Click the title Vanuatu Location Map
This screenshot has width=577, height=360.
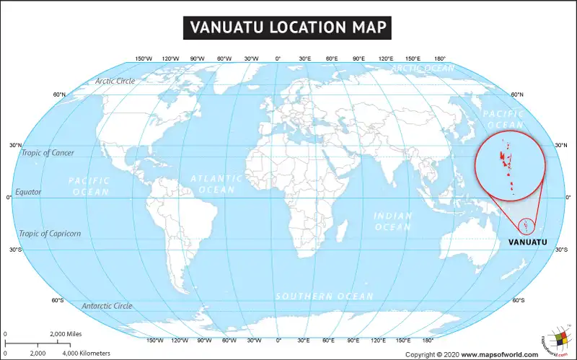pyautogui.click(x=288, y=27)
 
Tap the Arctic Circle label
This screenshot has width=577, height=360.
pyautogui.click(x=115, y=82)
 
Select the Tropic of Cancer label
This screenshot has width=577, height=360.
pyautogui.click(x=48, y=153)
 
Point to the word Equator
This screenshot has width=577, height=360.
pyautogui.click(x=28, y=193)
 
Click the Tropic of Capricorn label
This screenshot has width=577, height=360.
pyautogui.click(x=50, y=234)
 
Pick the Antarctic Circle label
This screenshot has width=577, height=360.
pyautogui.click(x=107, y=306)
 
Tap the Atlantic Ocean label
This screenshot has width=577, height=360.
pyautogui.click(x=216, y=184)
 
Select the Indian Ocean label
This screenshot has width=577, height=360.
pyautogui.click(x=392, y=221)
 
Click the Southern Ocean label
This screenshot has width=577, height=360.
pyautogui.click(x=325, y=297)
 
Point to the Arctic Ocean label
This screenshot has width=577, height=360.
pyautogui.click(x=423, y=69)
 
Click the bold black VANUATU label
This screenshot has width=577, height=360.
pyautogui.click(x=527, y=242)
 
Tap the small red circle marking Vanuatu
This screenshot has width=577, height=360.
pyautogui.click(x=528, y=227)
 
